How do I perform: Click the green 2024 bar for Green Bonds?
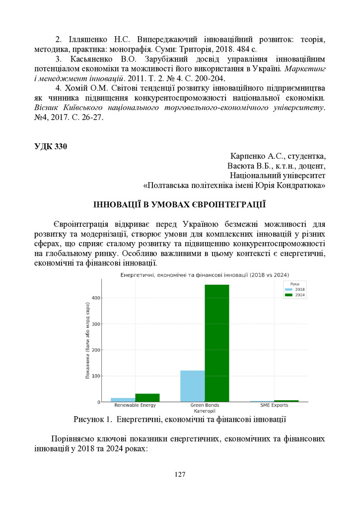point(217,342)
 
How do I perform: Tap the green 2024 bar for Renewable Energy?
point(147,397)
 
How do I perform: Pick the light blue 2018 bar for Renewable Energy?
point(123,399)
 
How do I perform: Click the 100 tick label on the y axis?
point(96,376)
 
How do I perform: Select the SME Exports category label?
point(274,405)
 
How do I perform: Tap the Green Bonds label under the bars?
point(205,405)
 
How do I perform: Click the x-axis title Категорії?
point(205,411)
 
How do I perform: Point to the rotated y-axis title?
point(87,347)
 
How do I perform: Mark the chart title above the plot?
point(205,275)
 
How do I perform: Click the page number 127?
point(180,475)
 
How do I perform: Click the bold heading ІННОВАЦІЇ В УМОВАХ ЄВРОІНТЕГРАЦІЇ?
point(180,204)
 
